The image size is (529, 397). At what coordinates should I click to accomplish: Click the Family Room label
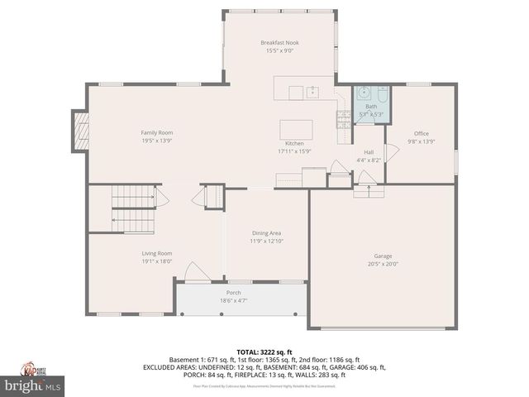pos(156,132)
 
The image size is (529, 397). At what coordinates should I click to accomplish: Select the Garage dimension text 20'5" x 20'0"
pos(383,265)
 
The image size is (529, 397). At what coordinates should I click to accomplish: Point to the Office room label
pos(422,133)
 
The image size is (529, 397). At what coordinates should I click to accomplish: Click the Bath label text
pos(371,107)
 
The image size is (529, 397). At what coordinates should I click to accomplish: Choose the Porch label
pos(234,293)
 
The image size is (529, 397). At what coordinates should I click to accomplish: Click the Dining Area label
pos(267,233)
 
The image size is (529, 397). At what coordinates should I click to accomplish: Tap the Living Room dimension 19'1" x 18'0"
pos(155,261)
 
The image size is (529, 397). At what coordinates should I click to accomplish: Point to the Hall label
pos(369,152)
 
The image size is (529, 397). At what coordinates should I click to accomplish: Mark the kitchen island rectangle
pos(296,130)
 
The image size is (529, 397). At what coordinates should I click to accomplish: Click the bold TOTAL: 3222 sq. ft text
pos(264,352)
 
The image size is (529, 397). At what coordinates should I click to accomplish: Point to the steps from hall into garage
pos(369,191)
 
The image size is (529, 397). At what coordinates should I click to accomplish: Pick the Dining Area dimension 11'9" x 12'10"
pos(267,242)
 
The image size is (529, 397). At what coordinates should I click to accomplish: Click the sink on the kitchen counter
pos(313,92)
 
